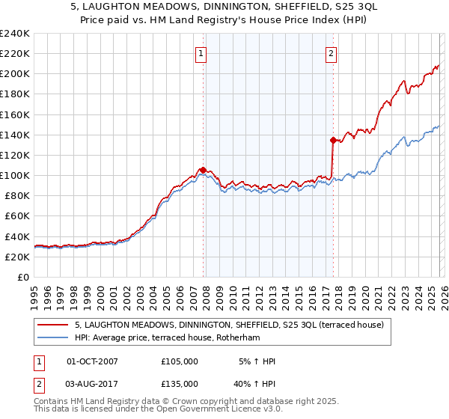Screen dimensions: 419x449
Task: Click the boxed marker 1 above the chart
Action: click(202, 53)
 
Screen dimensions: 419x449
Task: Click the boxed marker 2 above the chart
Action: click(331, 53)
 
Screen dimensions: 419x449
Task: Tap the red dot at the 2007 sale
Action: click(203, 170)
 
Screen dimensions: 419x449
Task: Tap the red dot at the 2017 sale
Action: click(332, 139)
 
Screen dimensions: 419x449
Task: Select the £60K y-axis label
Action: click(17, 216)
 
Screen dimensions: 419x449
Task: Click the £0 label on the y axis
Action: click(23, 277)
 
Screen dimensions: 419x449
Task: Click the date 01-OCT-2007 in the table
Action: click(92, 361)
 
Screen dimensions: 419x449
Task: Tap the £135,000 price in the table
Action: click(180, 383)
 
